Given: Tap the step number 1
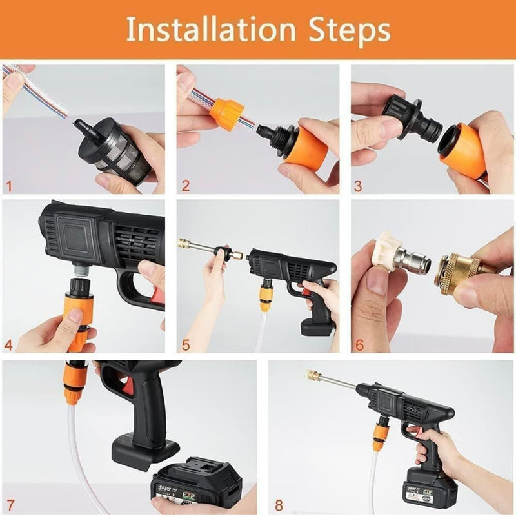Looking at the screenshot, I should [x=8, y=187].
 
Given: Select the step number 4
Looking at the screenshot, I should [x=8, y=345].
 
